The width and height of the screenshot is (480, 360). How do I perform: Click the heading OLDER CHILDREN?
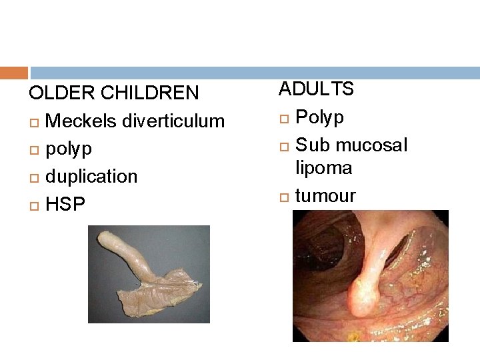click(x=114, y=93)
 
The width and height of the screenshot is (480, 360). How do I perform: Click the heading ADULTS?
click(x=316, y=89)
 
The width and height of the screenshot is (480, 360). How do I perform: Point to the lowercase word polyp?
click(x=69, y=149)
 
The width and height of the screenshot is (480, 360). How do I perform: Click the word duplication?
click(x=91, y=177)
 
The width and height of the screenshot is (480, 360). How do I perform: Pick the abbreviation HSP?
click(x=65, y=204)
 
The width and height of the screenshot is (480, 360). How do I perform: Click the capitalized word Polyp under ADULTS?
click(x=319, y=117)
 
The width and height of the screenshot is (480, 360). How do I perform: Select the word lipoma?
click(x=324, y=168)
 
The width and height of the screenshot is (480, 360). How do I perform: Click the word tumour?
click(x=325, y=196)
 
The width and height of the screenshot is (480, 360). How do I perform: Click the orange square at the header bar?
click(x=14, y=73)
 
